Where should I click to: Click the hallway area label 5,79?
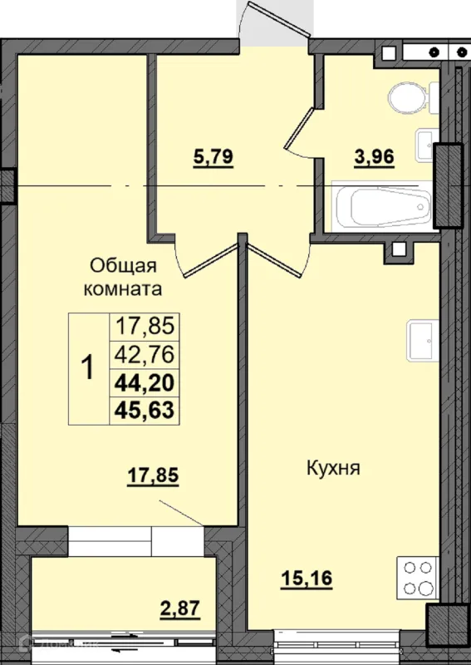213,157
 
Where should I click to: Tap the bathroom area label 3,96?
375,157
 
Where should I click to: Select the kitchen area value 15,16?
307,578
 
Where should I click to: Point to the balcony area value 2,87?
179,609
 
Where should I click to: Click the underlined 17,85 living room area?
153,475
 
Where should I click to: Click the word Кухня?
333,469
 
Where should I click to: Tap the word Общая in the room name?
124,266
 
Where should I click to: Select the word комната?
122,289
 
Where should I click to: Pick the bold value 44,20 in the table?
145,383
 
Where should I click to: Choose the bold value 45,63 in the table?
145,410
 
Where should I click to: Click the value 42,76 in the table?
145,354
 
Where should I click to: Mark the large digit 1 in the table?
88,368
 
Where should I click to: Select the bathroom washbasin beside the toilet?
426,145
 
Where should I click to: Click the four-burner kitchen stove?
417,579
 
